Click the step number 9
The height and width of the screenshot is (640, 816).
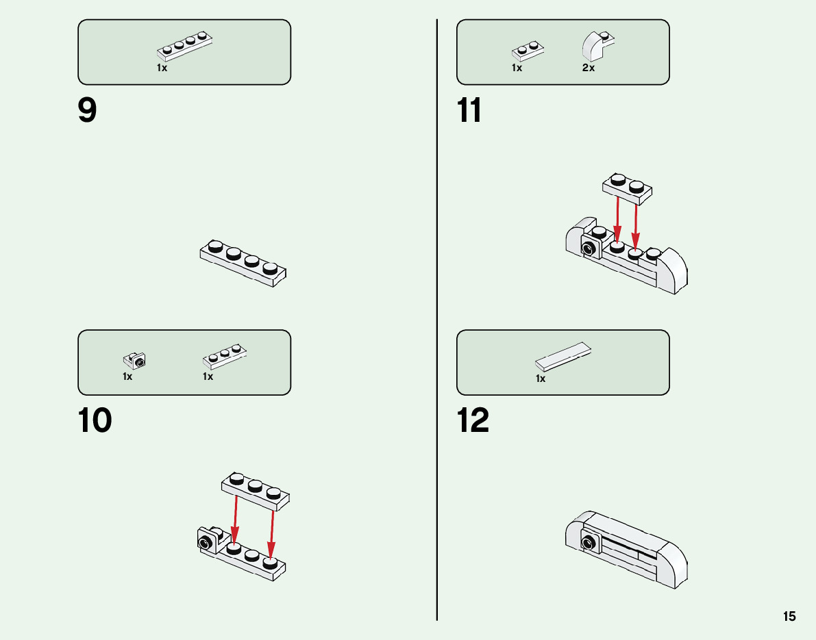[x=88, y=111]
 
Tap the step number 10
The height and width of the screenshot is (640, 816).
[x=95, y=421]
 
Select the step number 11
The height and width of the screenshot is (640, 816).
[x=470, y=111]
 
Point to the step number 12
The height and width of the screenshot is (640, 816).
[x=473, y=421]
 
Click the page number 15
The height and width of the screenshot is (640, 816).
[x=789, y=616]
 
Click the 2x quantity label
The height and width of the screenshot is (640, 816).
[x=589, y=68]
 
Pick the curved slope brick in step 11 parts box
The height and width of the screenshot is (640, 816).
[x=596, y=46]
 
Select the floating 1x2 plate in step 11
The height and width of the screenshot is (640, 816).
[x=628, y=188]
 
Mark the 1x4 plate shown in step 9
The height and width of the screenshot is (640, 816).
[x=243, y=263]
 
